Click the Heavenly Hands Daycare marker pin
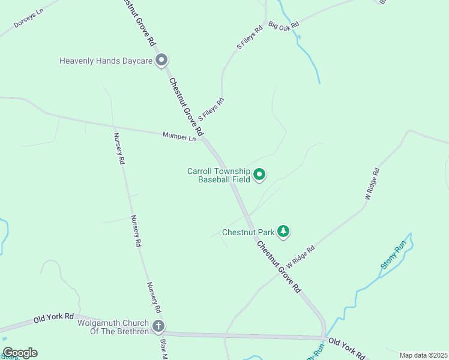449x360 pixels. pyautogui.click(x=161, y=60)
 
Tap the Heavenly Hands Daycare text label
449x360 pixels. pyautogui.click(x=106, y=61)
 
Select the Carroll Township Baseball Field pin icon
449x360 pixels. pyautogui.click(x=260, y=175)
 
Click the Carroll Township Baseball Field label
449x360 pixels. pyautogui.click(x=218, y=175)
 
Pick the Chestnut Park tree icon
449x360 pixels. pyautogui.click(x=283, y=232)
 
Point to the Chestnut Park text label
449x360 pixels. pyautogui.click(x=248, y=232)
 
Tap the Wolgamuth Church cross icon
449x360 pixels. pyautogui.click(x=158, y=326)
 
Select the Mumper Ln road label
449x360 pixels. pyautogui.click(x=179, y=137)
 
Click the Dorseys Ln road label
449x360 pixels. pyautogui.click(x=28, y=20)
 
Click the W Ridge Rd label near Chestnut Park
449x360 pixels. pyautogui.click(x=300, y=257)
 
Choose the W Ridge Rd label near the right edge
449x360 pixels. pyautogui.click(x=373, y=185)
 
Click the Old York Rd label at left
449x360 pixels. pyautogui.click(x=53, y=317)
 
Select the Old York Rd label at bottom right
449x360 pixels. pyautogui.click(x=347, y=350)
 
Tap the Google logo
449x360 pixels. pyautogui.click(x=20, y=353)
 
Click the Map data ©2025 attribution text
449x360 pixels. pyautogui.click(x=423, y=355)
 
